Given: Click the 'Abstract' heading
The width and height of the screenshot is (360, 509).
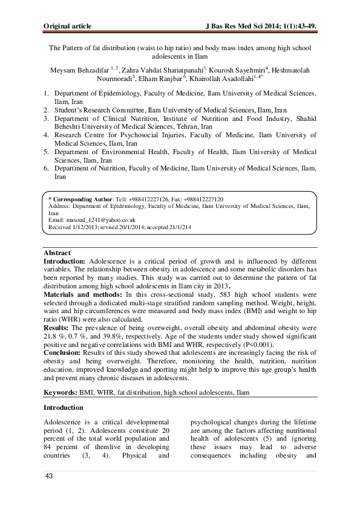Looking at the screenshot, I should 57,253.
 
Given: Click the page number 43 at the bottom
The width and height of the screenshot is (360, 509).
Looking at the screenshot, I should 50,477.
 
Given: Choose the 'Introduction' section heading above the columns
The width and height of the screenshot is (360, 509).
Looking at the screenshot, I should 64,407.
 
